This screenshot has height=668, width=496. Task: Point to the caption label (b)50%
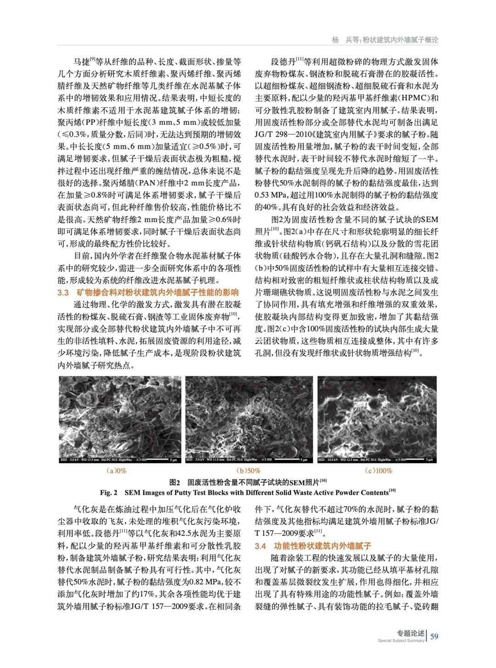click(x=248, y=471)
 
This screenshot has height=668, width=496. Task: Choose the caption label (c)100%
click(x=378, y=471)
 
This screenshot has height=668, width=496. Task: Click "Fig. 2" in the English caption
click(x=109, y=493)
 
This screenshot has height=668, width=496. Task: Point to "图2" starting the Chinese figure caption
click(x=175, y=482)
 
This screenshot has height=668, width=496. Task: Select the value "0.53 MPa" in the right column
click(x=271, y=195)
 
